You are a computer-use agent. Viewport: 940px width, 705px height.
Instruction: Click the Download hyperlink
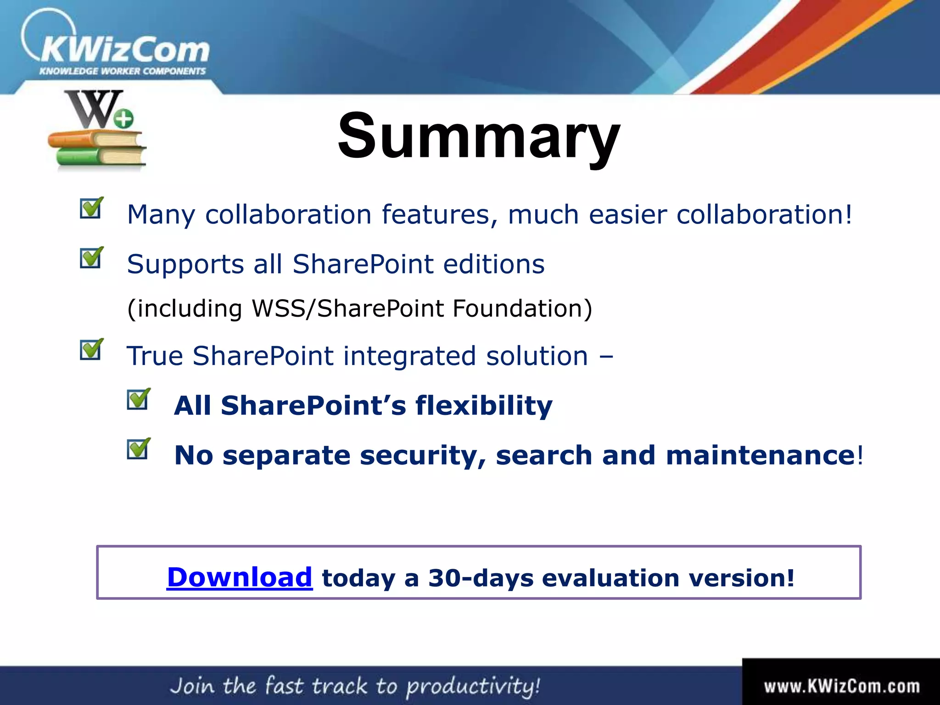click(x=239, y=577)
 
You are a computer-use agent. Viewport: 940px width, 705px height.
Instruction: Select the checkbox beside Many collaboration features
click(x=91, y=209)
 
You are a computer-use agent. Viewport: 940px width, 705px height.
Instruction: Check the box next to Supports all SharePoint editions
click(x=91, y=258)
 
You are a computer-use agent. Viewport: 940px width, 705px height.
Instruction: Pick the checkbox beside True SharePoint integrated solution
click(x=91, y=350)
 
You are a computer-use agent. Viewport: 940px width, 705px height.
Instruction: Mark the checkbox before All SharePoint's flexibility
click(x=138, y=399)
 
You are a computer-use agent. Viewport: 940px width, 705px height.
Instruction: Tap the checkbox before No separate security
click(x=138, y=449)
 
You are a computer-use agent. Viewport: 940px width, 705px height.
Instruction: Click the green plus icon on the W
click(x=123, y=119)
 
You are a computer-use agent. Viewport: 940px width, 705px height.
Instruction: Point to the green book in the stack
click(x=99, y=157)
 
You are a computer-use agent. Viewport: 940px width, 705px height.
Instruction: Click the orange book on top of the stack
click(x=96, y=138)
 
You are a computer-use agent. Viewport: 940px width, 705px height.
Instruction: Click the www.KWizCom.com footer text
click(x=842, y=686)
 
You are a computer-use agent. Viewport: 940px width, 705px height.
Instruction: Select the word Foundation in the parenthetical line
click(x=522, y=308)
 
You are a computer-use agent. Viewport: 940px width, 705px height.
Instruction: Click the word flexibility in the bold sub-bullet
click(x=484, y=406)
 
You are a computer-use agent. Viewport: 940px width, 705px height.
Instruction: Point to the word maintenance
click(x=760, y=455)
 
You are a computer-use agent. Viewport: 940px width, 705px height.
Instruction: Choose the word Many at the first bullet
click(x=161, y=215)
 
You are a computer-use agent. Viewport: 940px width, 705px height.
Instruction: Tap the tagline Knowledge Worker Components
click(x=123, y=71)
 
